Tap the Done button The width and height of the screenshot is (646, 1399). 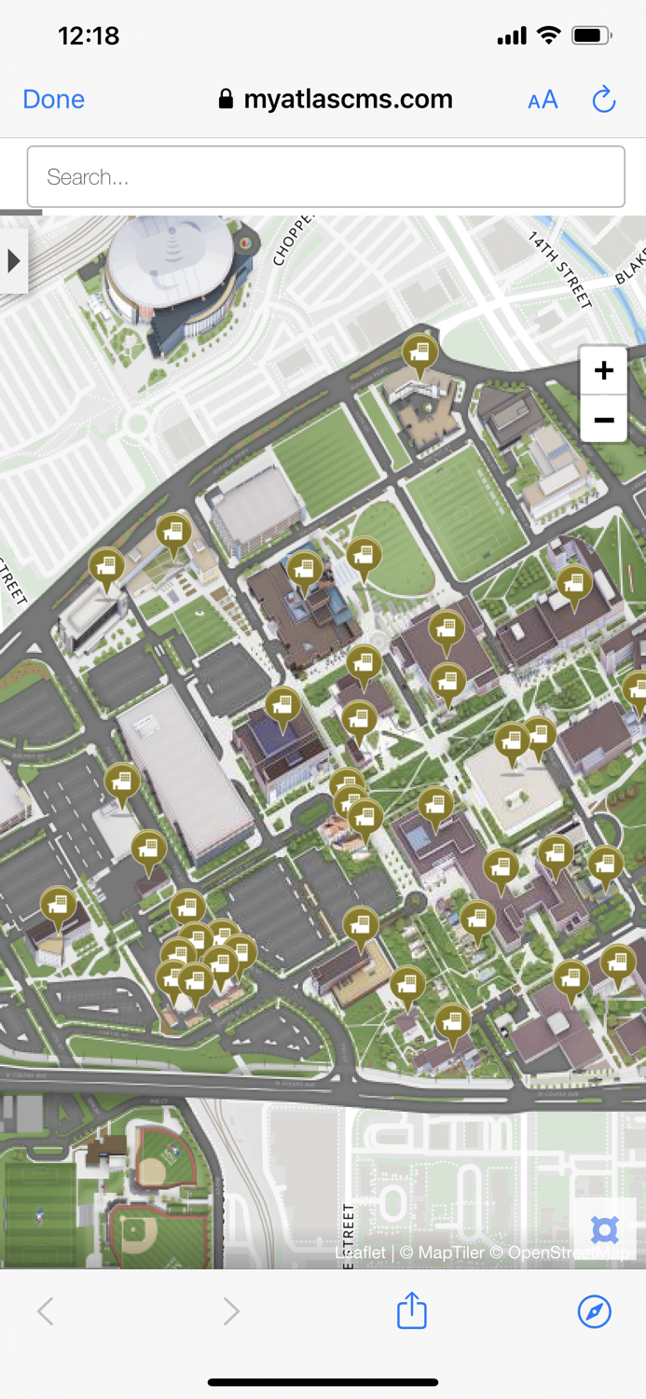(x=53, y=100)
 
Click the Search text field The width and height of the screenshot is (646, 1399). (x=325, y=177)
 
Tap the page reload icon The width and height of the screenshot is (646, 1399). (x=604, y=100)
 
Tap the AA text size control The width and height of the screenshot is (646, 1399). (x=543, y=100)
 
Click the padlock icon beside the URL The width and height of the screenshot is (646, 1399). (x=226, y=100)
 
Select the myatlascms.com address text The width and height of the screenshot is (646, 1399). (x=348, y=100)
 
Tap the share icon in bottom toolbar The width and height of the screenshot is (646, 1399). (x=411, y=1310)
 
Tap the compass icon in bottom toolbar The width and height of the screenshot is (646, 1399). (x=594, y=1310)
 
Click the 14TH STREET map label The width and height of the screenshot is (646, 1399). (x=560, y=269)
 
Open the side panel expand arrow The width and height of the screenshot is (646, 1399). (x=13, y=261)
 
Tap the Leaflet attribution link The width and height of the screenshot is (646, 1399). (x=360, y=1253)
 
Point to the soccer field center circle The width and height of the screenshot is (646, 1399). (x=462, y=512)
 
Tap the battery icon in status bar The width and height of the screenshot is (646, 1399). (x=591, y=36)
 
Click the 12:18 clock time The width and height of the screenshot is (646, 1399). (x=89, y=36)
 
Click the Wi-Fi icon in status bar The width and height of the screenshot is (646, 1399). (x=549, y=36)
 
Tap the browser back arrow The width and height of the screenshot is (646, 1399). (x=45, y=1311)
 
